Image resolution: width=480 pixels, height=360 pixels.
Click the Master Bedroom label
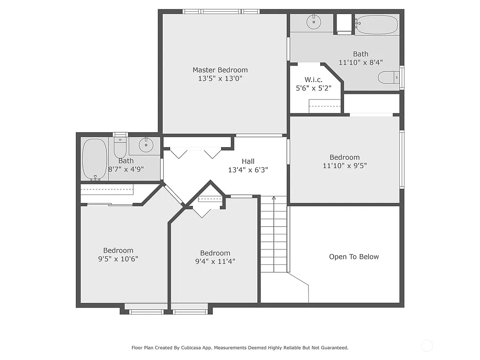coord(220,70)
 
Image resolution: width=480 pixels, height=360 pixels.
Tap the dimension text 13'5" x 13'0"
coord(220,79)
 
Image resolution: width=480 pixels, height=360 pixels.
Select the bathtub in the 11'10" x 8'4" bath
coord(376,24)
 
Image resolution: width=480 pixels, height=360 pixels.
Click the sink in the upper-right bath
coord(313,22)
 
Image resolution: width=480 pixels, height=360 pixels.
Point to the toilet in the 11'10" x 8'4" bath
coord(388,77)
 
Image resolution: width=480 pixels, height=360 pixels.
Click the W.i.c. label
coord(314,80)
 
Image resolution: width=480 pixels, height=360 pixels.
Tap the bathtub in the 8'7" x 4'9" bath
coord(95,159)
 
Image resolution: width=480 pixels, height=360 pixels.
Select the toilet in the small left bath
coord(120,148)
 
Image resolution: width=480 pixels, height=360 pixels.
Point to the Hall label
coord(248,161)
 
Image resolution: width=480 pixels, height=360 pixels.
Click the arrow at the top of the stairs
coord(274,199)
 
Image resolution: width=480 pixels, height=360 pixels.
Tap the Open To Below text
coord(354,256)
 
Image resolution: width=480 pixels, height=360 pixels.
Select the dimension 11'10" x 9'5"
coord(345,165)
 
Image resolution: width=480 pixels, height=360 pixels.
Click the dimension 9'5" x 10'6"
coord(118,259)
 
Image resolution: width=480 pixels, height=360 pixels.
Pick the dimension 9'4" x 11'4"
coord(215,261)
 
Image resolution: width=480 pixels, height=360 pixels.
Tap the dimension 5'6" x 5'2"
coord(314,88)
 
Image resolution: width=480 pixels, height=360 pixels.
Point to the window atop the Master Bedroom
coord(220,11)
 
